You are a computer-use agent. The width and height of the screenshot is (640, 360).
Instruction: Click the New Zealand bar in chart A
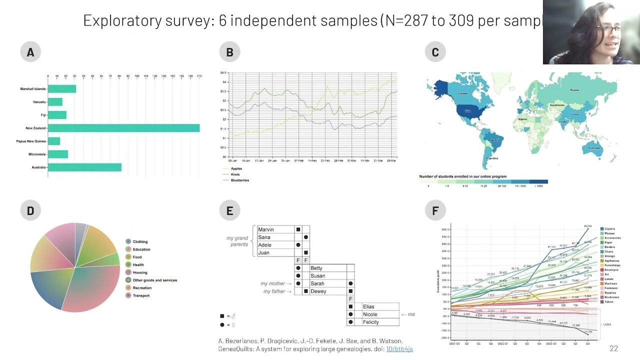pos(123,128)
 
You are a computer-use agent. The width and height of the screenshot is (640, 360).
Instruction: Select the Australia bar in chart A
pos(84,167)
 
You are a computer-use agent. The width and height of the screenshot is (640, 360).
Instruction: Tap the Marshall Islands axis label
pos(33,89)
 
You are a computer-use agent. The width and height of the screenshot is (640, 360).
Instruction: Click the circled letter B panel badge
pos(229,52)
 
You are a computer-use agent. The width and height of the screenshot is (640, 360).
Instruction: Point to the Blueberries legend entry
pos(239,180)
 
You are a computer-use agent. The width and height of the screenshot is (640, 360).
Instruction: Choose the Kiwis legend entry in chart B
pos(235,174)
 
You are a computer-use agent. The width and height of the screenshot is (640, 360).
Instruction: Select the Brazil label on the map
pos(495,140)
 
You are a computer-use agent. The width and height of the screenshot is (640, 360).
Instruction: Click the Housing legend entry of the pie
pos(139,272)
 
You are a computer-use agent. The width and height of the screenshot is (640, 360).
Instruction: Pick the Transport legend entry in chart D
pos(141,295)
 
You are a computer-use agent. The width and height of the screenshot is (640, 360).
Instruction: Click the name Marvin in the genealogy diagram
pos(266,229)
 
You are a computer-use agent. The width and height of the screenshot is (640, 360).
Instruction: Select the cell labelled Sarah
pos(317,283)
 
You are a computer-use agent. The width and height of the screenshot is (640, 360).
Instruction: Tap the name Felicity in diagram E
pos(370,322)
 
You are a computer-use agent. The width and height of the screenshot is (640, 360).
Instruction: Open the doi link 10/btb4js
pos(399,348)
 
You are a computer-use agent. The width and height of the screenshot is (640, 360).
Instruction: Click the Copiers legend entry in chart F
pos(609,229)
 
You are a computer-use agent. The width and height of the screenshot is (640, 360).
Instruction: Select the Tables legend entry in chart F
pos(608,301)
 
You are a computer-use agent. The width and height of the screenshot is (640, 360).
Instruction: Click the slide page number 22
pos(613,348)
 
